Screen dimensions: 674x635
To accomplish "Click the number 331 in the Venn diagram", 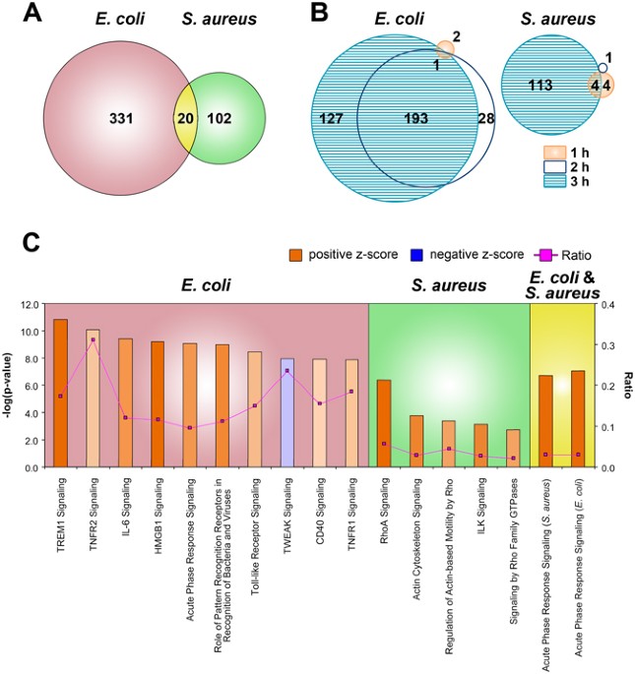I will click(x=121, y=119).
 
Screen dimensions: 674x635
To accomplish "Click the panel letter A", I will click(x=19, y=18).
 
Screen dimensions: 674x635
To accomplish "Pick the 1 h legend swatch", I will click(x=560, y=153).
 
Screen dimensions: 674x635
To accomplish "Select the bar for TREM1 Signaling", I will click(x=60, y=394).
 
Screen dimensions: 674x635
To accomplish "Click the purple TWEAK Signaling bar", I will click(x=286, y=412).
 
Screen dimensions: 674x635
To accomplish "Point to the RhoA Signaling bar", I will click(x=385, y=423).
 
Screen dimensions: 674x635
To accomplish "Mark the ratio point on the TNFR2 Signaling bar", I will click(x=92, y=339).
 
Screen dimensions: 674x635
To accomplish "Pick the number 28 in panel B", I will click(x=484, y=119).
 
